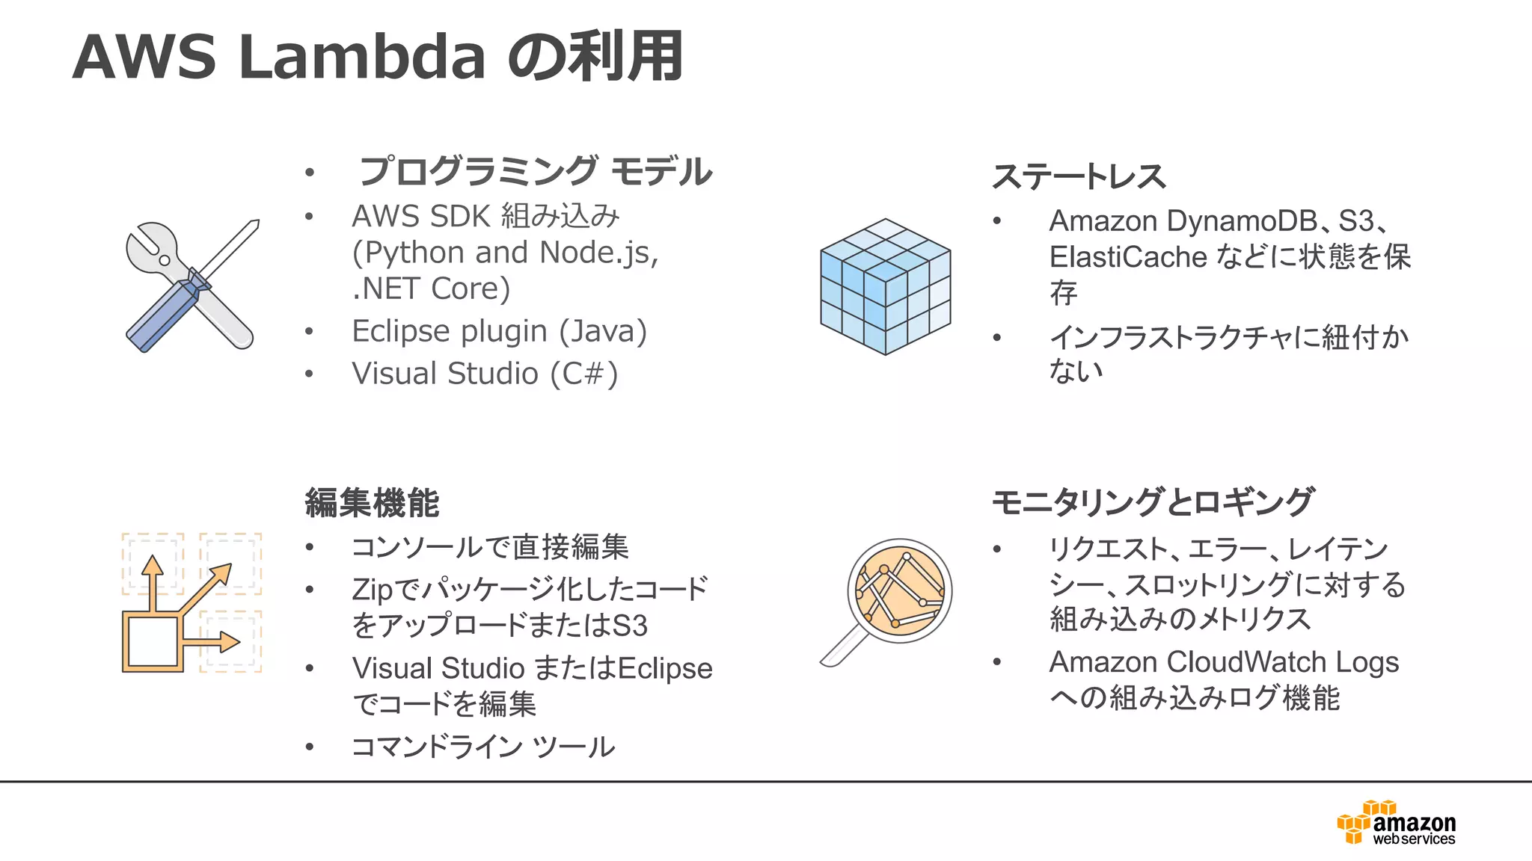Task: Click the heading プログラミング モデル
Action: coord(536,171)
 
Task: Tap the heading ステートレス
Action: coord(1079,177)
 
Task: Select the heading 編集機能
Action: coord(372,502)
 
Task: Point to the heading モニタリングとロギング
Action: coord(1152,502)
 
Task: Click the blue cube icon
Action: coord(886,286)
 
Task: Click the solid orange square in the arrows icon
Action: coord(153,642)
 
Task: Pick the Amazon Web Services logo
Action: coord(1397,824)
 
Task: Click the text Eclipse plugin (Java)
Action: coord(499,331)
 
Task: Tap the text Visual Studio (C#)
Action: coord(485,374)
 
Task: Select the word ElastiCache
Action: coord(1128,257)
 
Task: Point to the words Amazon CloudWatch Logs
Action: coord(1224,662)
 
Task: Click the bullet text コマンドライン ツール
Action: coord(483,747)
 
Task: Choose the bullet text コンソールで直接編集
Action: coord(490,547)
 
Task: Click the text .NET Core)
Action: coord(431,288)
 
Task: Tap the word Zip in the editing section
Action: coord(372,590)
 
